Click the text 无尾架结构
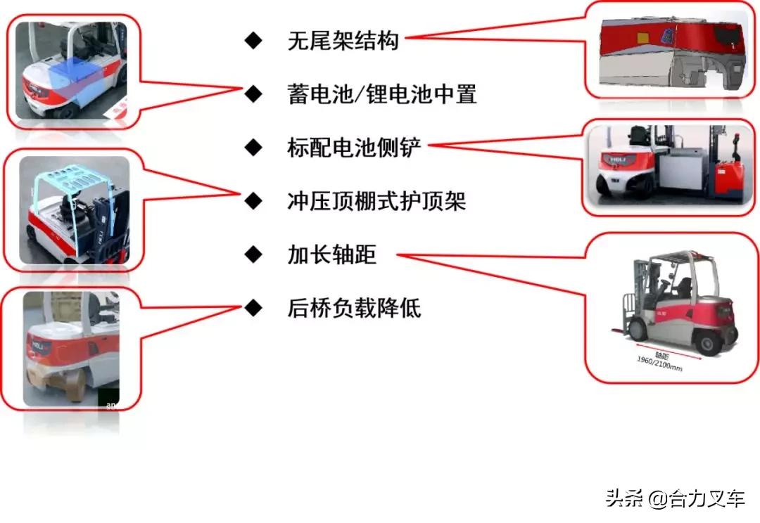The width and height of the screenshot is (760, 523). click(x=343, y=41)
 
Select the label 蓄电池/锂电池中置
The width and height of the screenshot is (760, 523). click(x=382, y=94)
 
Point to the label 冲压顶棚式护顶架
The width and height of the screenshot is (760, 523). click(x=376, y=201)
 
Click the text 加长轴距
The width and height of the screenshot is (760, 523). click(x=331, y=254)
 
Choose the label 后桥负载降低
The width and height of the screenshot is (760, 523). click(x=354, y=308)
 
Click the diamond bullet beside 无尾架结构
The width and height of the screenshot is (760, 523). click(x=253, y=41)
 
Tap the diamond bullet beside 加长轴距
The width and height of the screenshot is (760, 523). click(x=253, y=254)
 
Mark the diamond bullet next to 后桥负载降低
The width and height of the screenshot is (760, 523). click(x=253, y=308)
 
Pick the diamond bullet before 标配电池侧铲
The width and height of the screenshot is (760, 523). click(x=253, y=148)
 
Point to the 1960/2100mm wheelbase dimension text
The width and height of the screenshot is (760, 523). click(x=658, y=361)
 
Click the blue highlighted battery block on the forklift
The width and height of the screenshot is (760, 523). click(x=73, y=82)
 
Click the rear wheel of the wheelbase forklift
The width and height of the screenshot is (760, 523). click(x=707, y=342)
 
